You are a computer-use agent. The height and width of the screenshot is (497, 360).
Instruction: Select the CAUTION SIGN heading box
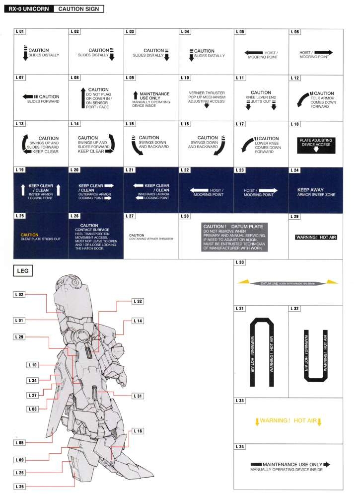click(77, 9)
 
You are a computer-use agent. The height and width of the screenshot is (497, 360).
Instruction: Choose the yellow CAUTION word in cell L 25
click(29, 234)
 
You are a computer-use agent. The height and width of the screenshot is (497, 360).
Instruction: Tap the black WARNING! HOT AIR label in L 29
click(316, 237)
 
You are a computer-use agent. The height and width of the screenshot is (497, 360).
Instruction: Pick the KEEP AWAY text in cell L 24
click(310, 189)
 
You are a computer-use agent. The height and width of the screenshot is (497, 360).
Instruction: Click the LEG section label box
click(24, 271)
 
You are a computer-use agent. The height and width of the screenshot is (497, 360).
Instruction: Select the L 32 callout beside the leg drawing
click(138, 301)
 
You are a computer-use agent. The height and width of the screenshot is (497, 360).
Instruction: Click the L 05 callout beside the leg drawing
click(19, 442)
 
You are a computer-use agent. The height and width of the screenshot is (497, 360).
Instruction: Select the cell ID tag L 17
click(240, 123)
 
